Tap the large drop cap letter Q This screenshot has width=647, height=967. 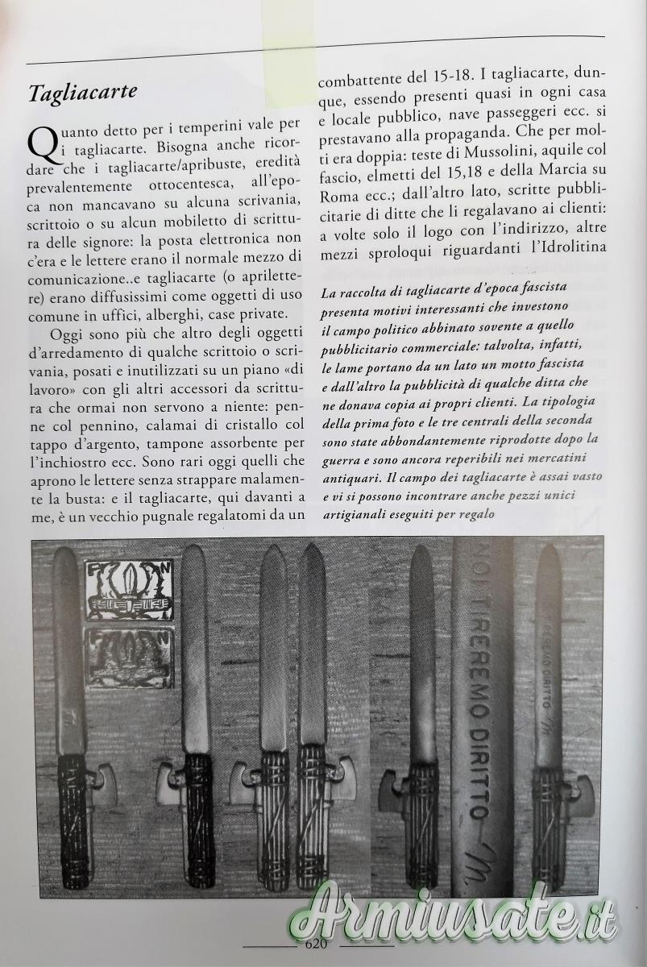41,143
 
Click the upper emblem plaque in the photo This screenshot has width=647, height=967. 130,590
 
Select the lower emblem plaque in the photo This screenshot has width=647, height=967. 129,658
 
